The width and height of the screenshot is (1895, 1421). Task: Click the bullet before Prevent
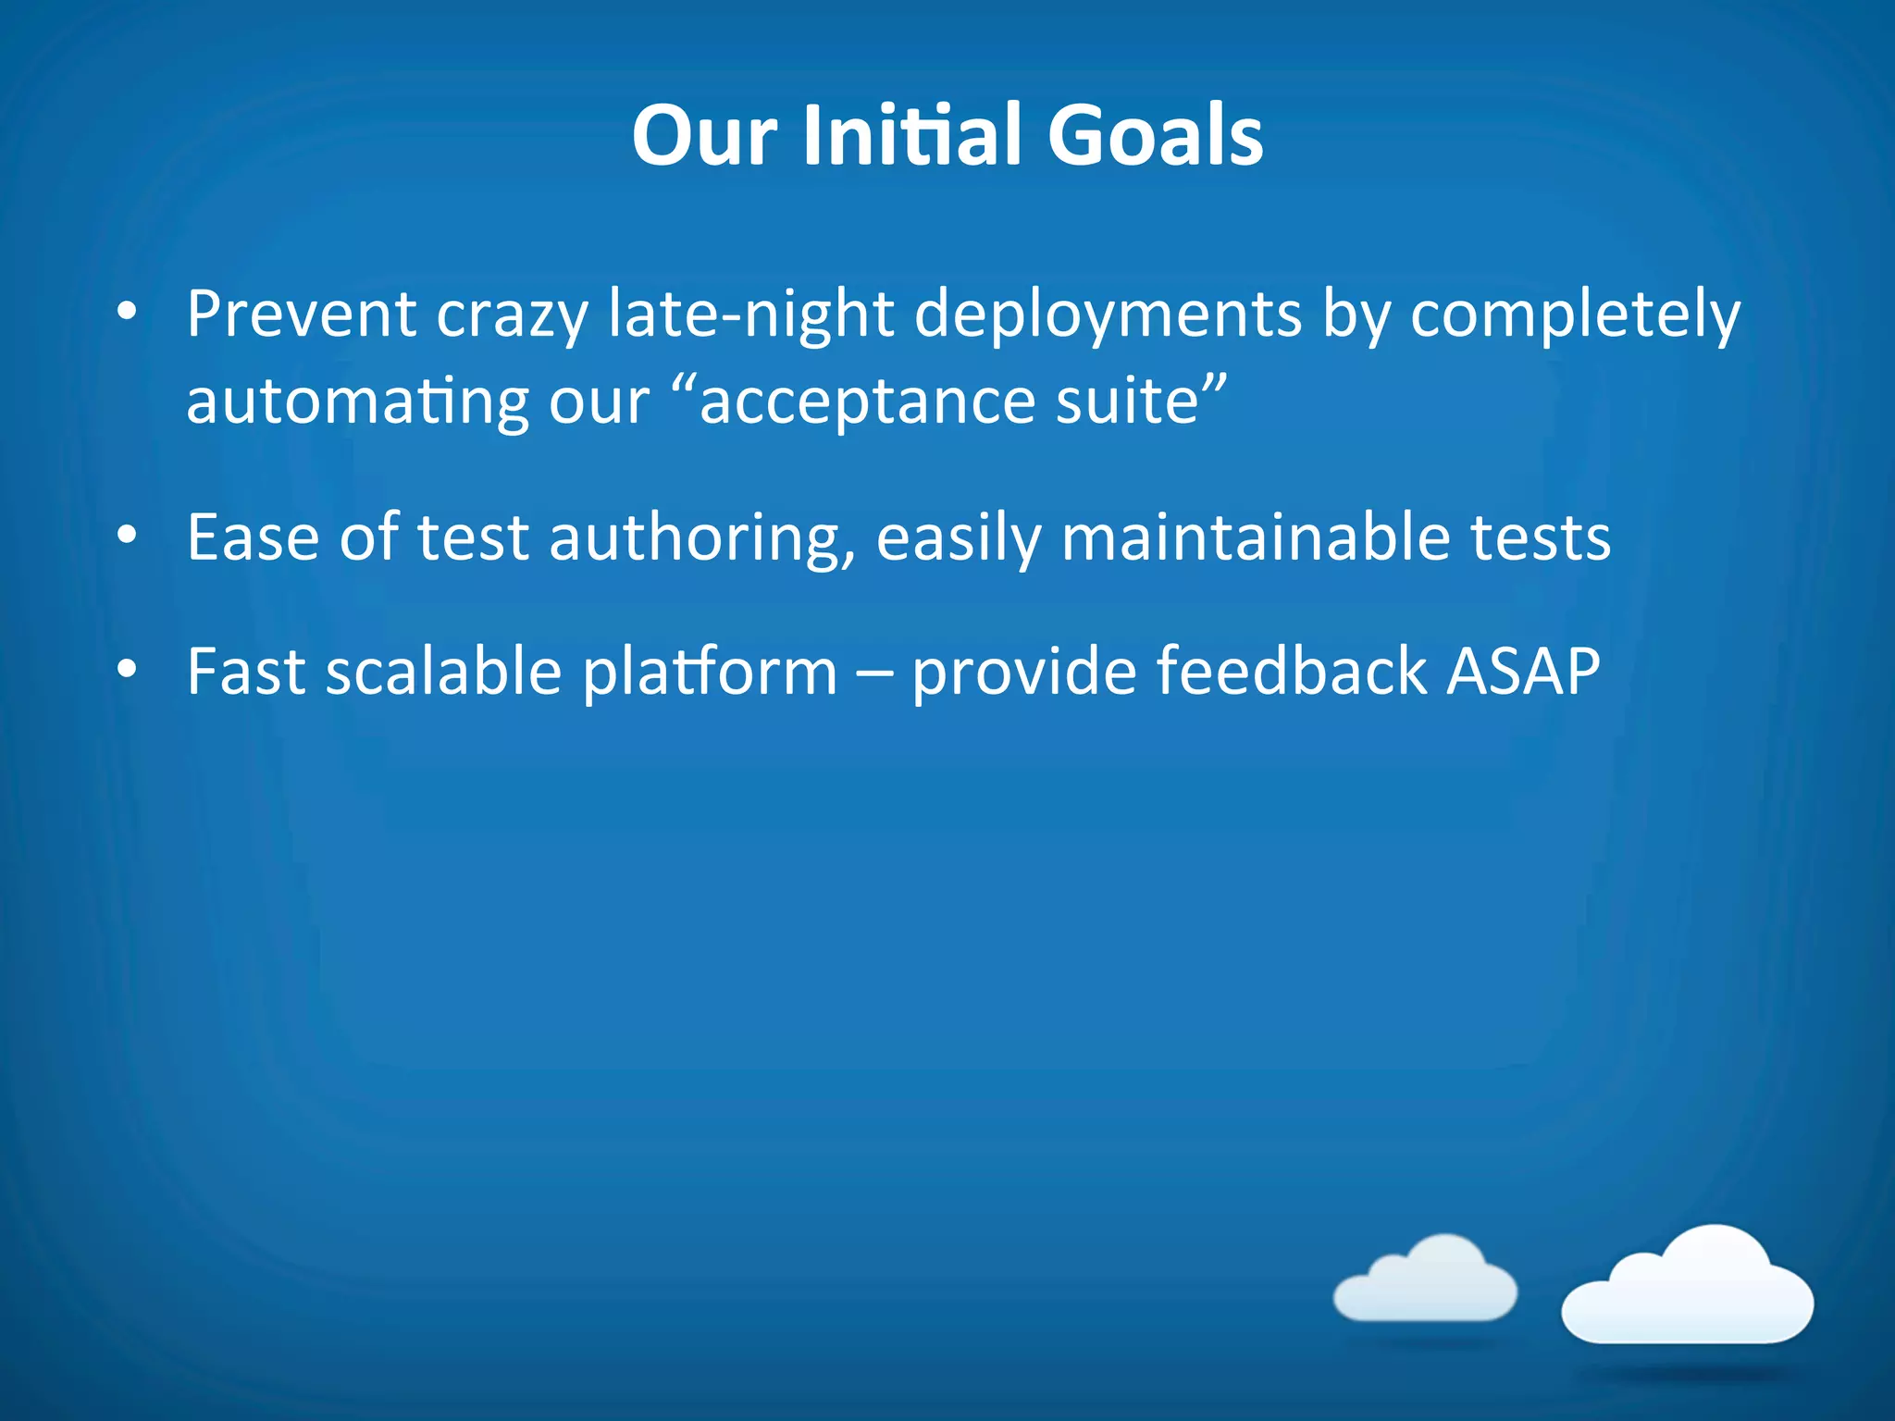point(128,311)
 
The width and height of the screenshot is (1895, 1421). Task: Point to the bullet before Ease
point(128,535)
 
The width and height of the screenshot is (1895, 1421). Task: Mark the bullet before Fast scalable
point(128,668)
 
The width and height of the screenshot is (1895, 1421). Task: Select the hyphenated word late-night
point(750,315)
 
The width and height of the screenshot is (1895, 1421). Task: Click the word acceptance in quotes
point(866,403)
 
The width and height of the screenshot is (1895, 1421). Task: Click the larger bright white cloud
point(1688,1291)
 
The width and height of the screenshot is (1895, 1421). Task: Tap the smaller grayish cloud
point(1426,1281)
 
